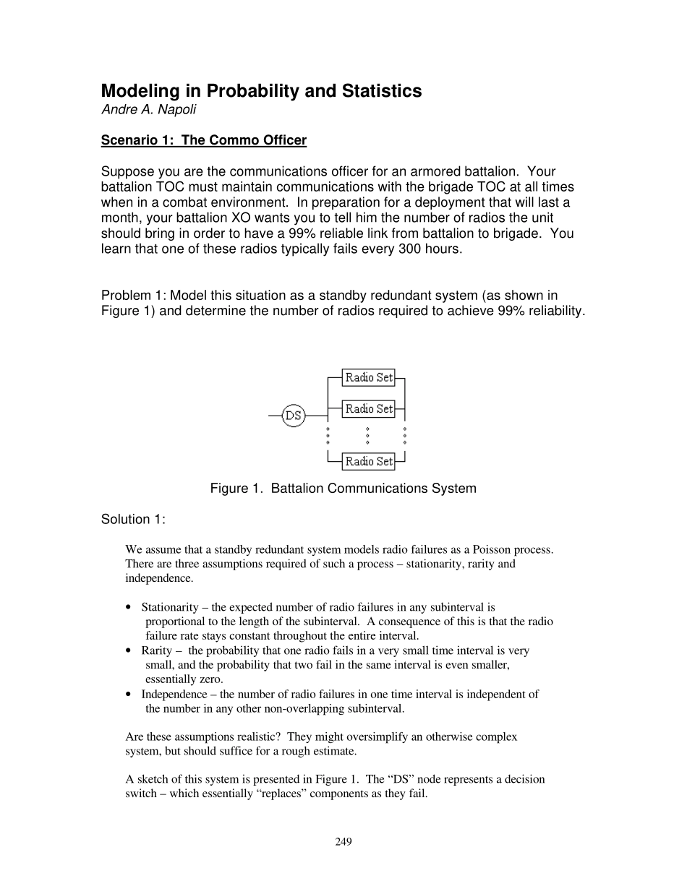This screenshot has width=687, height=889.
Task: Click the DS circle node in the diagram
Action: point(293,415)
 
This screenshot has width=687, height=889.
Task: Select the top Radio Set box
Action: point(368,377)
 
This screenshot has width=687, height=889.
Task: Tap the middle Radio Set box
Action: point(368,409)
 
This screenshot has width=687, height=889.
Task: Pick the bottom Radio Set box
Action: point(368,461)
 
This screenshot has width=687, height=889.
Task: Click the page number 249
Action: point(343,841)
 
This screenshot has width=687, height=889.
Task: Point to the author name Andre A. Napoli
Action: point(148,110)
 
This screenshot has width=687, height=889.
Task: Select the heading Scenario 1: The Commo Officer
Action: point(204,140)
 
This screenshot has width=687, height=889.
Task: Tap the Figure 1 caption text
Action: point(343,489)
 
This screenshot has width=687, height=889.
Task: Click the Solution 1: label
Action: point(133,520)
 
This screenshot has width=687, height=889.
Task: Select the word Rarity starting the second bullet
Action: point(156,650)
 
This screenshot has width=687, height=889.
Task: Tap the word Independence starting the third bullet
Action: point(174,694)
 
